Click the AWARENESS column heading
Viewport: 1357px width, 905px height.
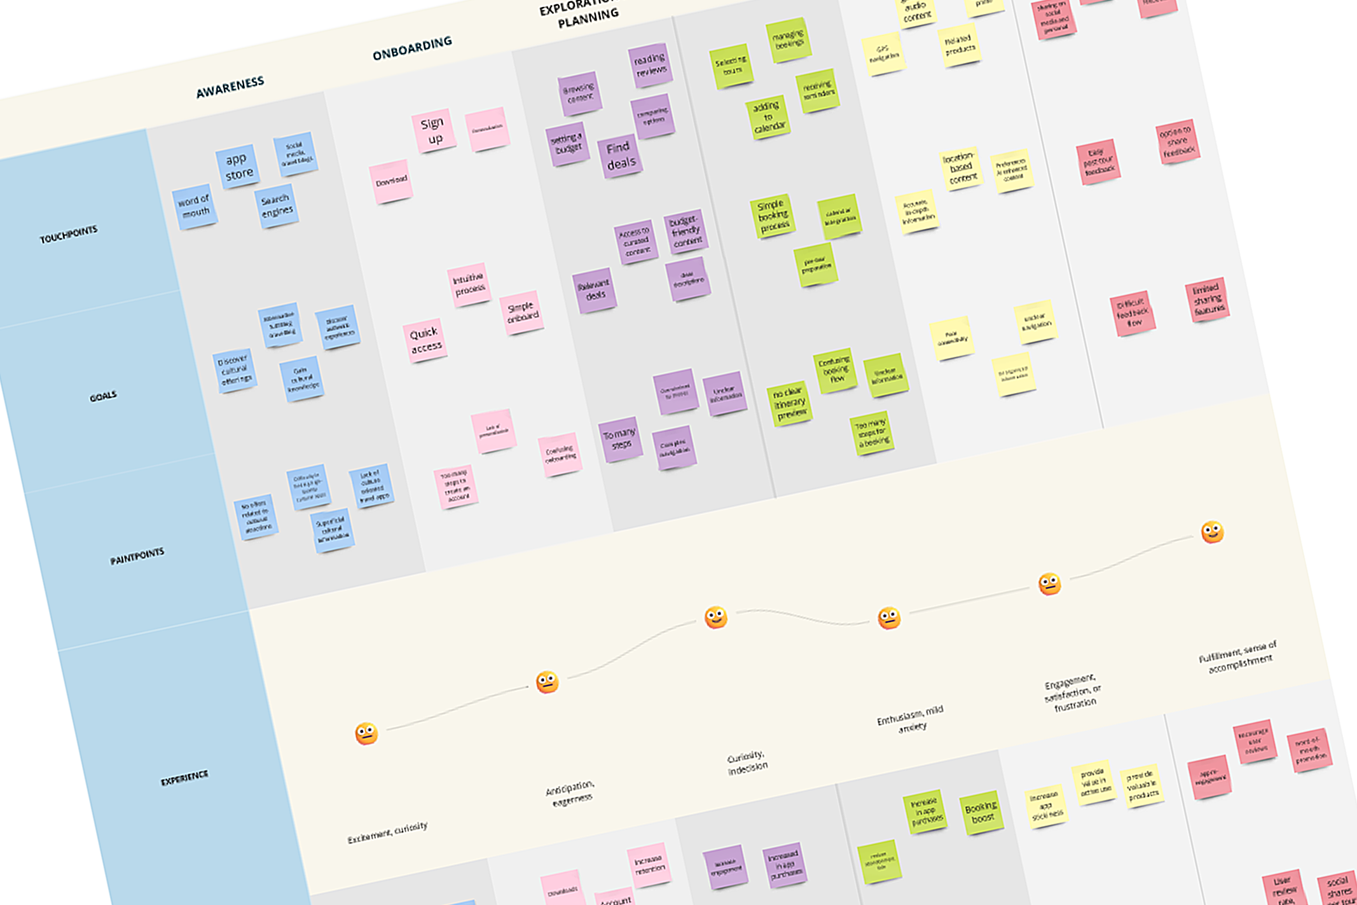[x=230, y=87]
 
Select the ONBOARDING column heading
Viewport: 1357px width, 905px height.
[x=412, y=48]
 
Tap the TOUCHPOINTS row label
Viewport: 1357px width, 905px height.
[x=69, y=234]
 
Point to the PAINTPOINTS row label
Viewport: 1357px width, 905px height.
[x=137, y=556]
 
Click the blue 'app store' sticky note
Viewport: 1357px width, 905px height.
[x=238, y=166]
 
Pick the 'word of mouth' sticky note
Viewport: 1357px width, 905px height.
[x=195, y=207]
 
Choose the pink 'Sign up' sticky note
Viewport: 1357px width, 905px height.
[x=434, y=130]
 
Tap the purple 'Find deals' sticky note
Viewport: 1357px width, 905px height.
[x=620, y=156]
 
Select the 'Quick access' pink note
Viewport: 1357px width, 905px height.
[x=425, y=340]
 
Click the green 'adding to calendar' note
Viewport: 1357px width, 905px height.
[x=768, y=117]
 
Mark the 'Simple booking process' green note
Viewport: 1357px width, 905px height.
[x=773, y=216]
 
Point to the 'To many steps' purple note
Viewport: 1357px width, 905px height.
[x=619, y=438]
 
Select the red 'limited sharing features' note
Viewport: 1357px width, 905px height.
[x=1207, y=300]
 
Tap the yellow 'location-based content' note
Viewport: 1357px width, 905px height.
[x=961, y=168]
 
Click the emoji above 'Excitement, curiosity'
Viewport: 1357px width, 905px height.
[x=366, y=734]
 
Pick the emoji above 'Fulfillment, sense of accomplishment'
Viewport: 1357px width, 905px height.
[x=1212, y=532]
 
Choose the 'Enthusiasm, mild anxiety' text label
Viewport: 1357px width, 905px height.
[x=910, y=719]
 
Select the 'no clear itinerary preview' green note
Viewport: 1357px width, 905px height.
[x=790, y=403]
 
